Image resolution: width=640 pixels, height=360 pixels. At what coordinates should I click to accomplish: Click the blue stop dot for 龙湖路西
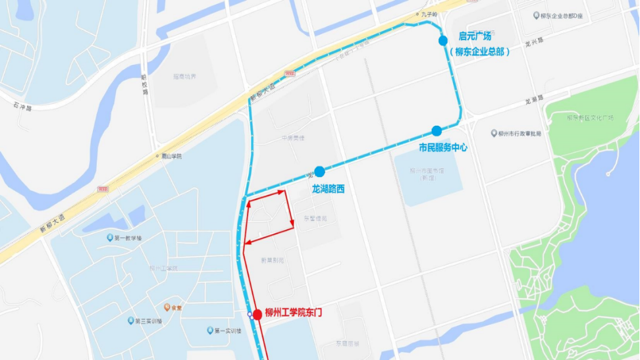319,172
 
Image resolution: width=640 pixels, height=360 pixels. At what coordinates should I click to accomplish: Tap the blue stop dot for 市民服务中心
437,131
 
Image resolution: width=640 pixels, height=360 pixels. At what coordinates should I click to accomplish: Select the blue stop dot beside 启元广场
443,41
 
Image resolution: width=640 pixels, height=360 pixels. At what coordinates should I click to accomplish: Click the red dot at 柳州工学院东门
257,314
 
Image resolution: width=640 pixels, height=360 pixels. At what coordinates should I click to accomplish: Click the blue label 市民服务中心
443,148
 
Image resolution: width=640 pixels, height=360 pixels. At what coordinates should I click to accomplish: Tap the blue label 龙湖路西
328,190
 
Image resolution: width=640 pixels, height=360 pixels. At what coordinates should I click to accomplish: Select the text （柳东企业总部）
479,51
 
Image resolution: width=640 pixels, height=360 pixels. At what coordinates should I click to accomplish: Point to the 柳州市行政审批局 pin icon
494,133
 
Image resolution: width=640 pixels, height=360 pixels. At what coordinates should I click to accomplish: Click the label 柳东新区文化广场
590,118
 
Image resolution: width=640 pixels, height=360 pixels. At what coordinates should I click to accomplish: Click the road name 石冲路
22,105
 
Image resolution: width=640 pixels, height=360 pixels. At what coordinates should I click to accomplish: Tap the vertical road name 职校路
144,84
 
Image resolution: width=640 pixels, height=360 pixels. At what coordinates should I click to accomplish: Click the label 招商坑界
184,76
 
